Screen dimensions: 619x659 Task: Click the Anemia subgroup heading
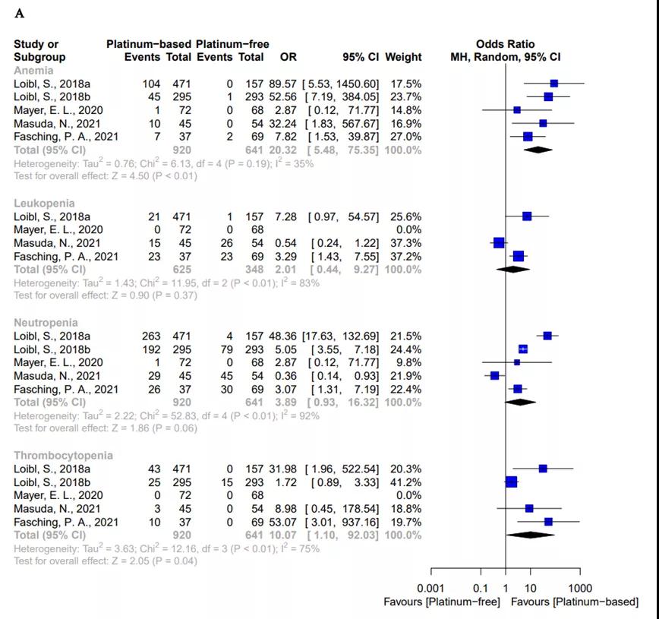[33, 71]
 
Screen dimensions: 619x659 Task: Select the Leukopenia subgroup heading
[44, 204]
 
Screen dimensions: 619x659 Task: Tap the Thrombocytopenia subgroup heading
[63, 456]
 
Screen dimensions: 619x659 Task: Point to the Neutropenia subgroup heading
[46, 323]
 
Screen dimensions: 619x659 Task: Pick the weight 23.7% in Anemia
[402, 97]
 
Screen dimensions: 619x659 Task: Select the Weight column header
[403, 57]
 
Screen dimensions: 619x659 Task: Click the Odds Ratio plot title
[505, 44]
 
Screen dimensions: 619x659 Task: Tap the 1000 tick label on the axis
[580, 589]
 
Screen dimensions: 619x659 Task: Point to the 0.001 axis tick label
[430, 589]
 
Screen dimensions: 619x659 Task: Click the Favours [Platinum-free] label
[442, 602]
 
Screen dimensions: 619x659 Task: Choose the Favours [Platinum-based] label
[575, 602]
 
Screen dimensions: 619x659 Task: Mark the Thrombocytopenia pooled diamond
[530, 535]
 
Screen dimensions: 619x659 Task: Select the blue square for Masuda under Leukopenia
[499, 243]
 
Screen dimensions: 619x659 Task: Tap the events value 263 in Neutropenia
[151, 336]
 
